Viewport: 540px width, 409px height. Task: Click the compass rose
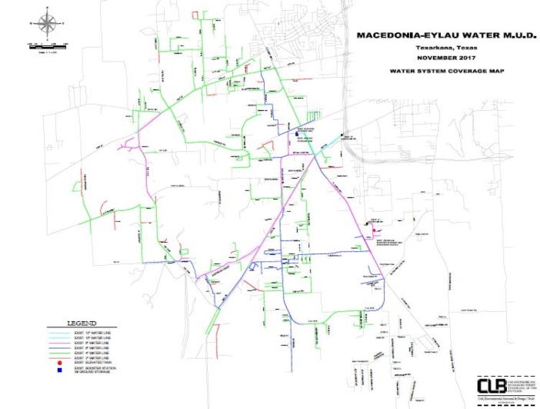coord(47,24)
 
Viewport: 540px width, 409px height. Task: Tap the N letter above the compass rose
coord(47,9)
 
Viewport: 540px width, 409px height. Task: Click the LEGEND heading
coord(82,322)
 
